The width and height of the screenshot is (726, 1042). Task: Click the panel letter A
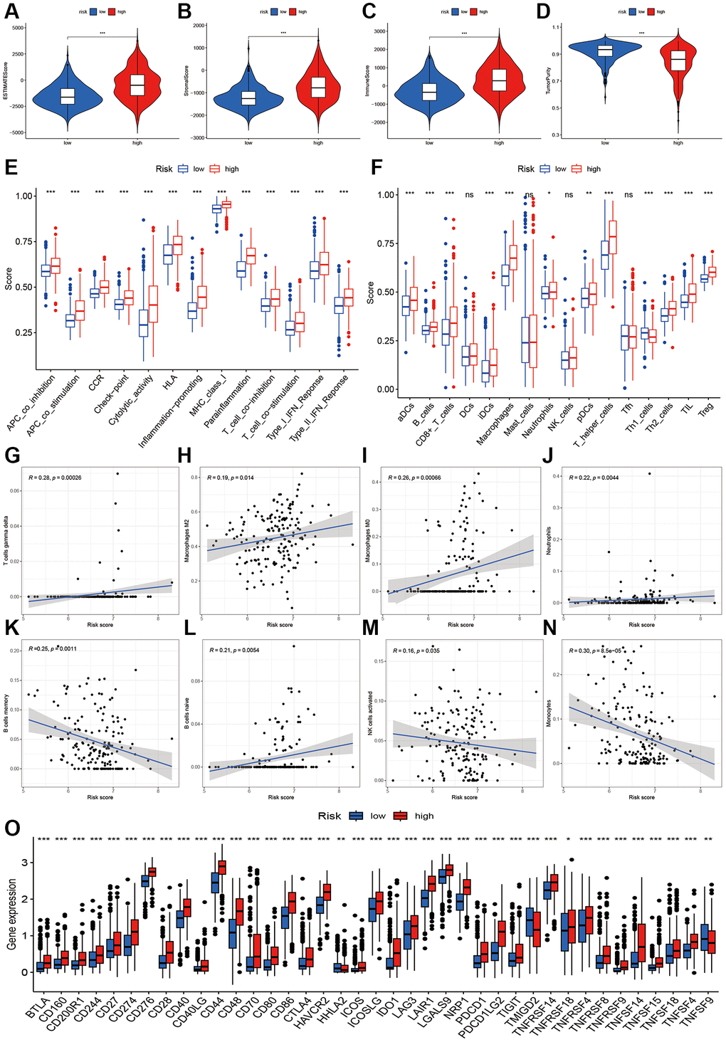(x=11, y=11)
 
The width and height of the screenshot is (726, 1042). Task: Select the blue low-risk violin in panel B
(x=248, y=98)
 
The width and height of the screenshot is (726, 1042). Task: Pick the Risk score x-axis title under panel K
(x=100, y=797)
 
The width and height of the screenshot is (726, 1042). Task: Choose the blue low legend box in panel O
(x=357, y=816)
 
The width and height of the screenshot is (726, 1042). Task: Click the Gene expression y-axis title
(x=12, y=914)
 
